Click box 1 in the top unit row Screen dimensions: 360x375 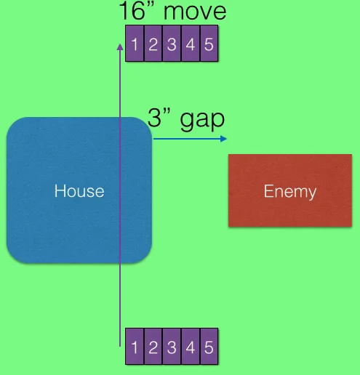[135, 44]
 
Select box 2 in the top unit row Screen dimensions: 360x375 [153, 44]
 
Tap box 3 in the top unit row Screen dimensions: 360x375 [172, 44]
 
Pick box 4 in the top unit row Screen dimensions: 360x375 [191, 44]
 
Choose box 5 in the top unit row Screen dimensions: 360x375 [209, 44]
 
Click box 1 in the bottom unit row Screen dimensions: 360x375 [135, 347]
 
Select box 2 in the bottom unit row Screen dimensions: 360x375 [153, 347]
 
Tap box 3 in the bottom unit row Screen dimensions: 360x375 [172, 347]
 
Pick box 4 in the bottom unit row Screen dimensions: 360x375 [191, 347]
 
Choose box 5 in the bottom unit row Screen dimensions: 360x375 [209, 347]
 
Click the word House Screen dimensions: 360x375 [79, 191]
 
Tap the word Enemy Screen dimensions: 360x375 [290, 192]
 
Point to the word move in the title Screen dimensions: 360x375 [195, 12]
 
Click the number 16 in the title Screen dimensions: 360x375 [132, 10]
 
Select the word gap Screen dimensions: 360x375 [202, 121]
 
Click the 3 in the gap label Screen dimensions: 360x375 [154, 118]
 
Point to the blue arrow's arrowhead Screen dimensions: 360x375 [223, 139]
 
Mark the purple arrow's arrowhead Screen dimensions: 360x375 [120, 47]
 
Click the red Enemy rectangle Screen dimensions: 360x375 [290, 190]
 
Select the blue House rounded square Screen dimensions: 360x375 [79, 190]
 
